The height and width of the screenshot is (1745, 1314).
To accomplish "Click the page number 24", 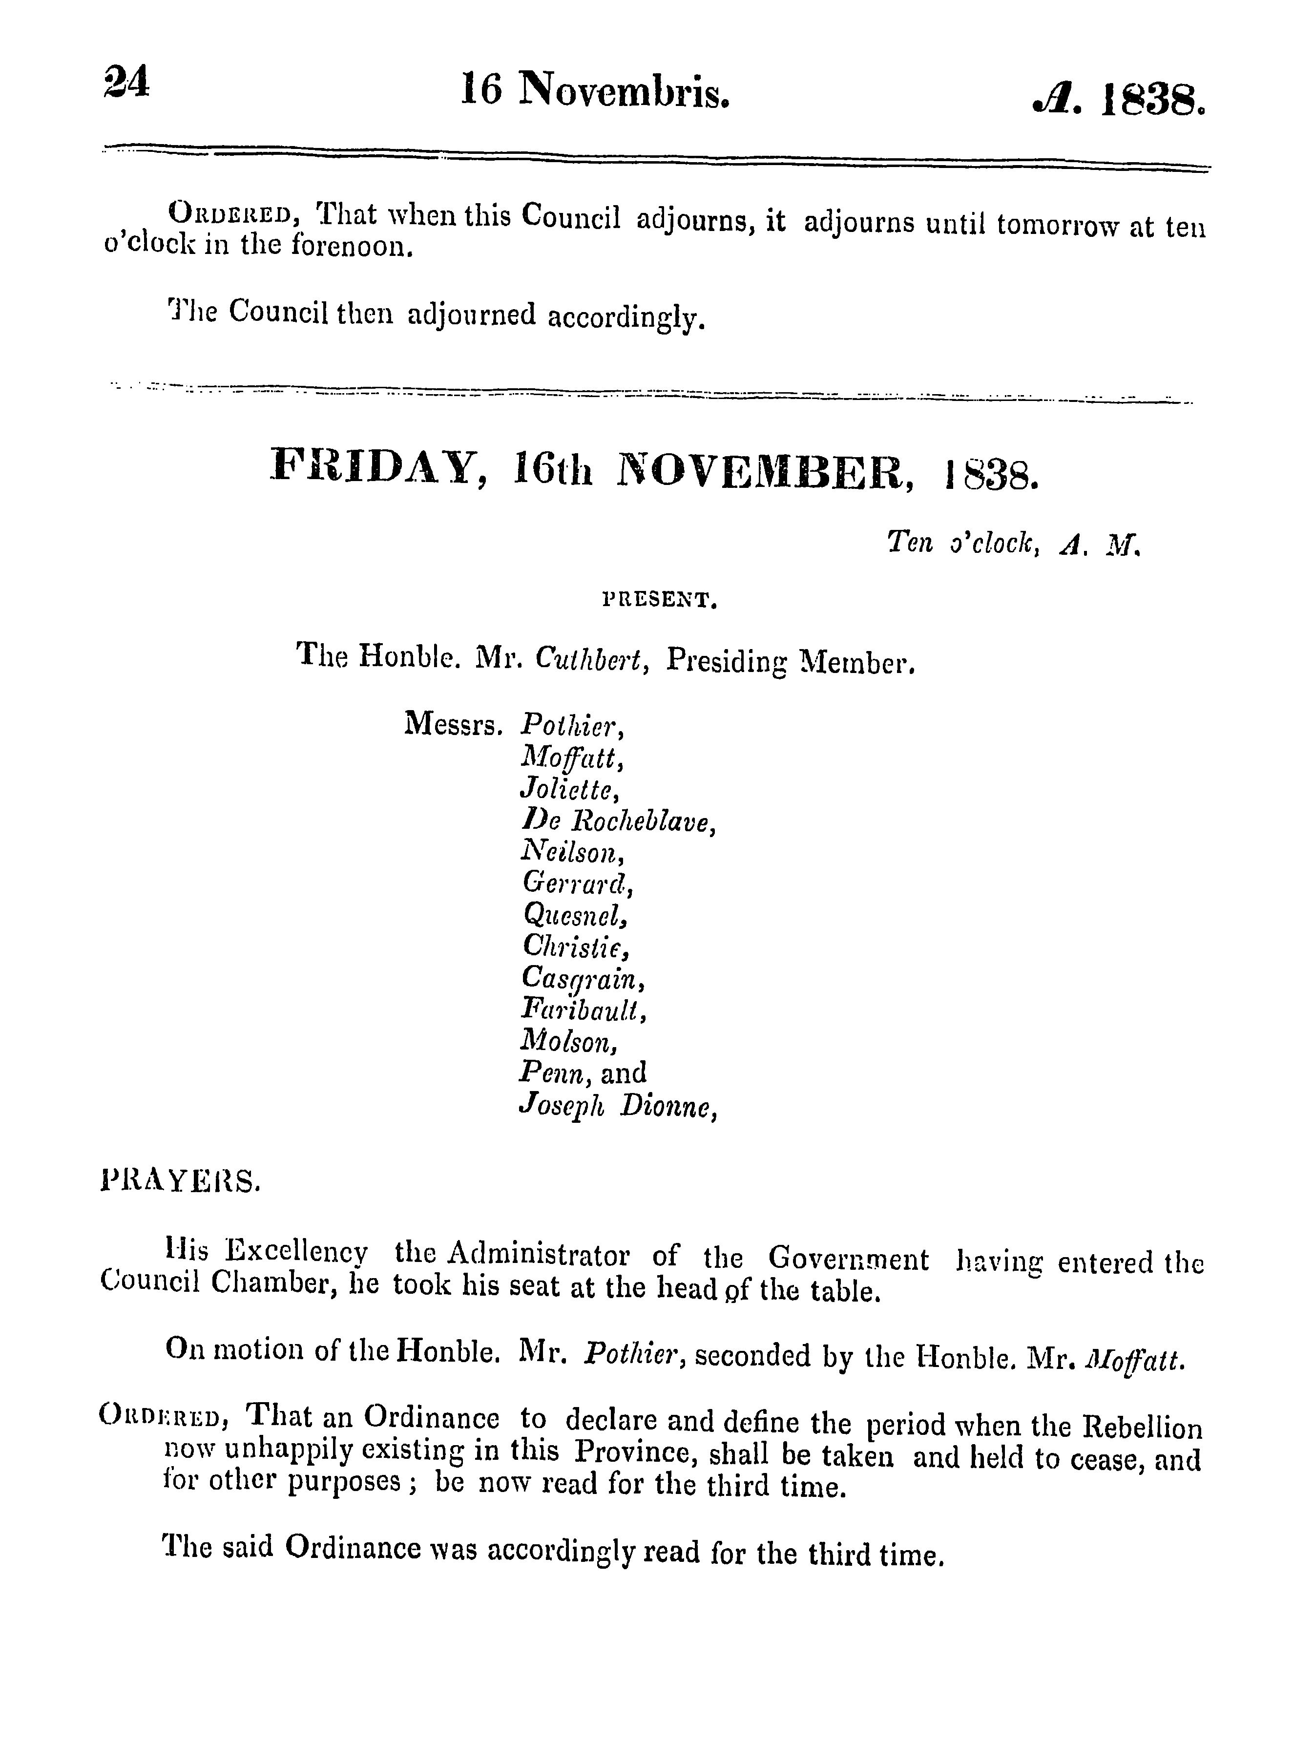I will (x=125, y=82).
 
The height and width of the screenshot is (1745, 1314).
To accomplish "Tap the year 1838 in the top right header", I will (x=1151, y=102).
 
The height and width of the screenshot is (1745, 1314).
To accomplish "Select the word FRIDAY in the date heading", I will (x=377, y=468).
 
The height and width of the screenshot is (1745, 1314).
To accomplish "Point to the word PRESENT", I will (x=659, y=602).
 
